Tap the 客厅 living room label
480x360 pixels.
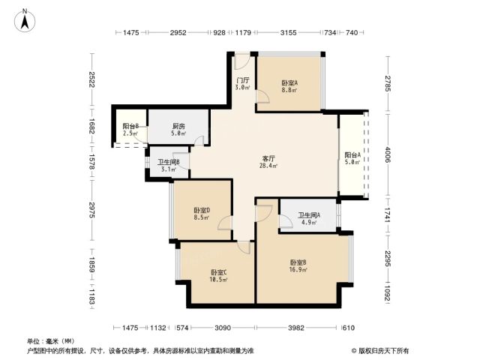coord(268,158)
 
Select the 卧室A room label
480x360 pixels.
coord(289,83)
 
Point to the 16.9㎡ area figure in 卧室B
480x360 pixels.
coord(298,270)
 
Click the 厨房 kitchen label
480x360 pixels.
coord(178,126)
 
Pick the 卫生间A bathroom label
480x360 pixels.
coord(309,215)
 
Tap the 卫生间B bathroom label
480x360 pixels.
coord(169,162)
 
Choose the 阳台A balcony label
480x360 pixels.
coord(352,155)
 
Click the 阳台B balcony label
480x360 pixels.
coord(130,126)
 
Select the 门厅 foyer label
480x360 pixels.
coord(243,80)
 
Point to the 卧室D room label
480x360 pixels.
coord(202,210)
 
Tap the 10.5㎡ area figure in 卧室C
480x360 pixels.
coord(218,280)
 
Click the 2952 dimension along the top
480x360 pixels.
coord(178,32)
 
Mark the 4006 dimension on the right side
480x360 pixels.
coord(388,155)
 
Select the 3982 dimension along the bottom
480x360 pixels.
coord(296,328)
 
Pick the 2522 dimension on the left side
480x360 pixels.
coord(91,79)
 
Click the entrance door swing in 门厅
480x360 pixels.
coord(241,62)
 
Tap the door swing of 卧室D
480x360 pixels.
coord(225,223)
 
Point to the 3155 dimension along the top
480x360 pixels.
coord(288,32)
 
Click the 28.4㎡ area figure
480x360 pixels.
coord(268,166)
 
